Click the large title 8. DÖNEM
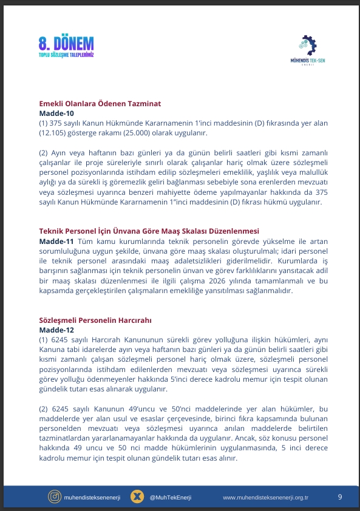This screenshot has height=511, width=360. pos(66,43)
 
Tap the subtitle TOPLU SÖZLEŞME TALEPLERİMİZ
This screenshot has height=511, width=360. pos(66,55)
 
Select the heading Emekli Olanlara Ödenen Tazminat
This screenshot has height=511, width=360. pos(100,104)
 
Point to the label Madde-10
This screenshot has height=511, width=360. pos(56,113)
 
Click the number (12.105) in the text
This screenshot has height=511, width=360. pos(53,132)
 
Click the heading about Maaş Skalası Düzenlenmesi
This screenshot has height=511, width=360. pos(149,231)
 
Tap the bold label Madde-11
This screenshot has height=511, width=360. pos(56,241)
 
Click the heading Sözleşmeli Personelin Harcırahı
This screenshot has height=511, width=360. pos(95,320)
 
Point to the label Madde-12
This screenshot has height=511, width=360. pos(56,330)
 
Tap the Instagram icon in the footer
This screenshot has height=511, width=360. pos(54,497)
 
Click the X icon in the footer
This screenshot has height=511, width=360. pos(138,497)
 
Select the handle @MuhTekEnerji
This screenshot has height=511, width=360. pos(171,497)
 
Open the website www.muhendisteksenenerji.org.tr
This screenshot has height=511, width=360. pos(266,497)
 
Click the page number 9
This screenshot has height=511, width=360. pos(340,497)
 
